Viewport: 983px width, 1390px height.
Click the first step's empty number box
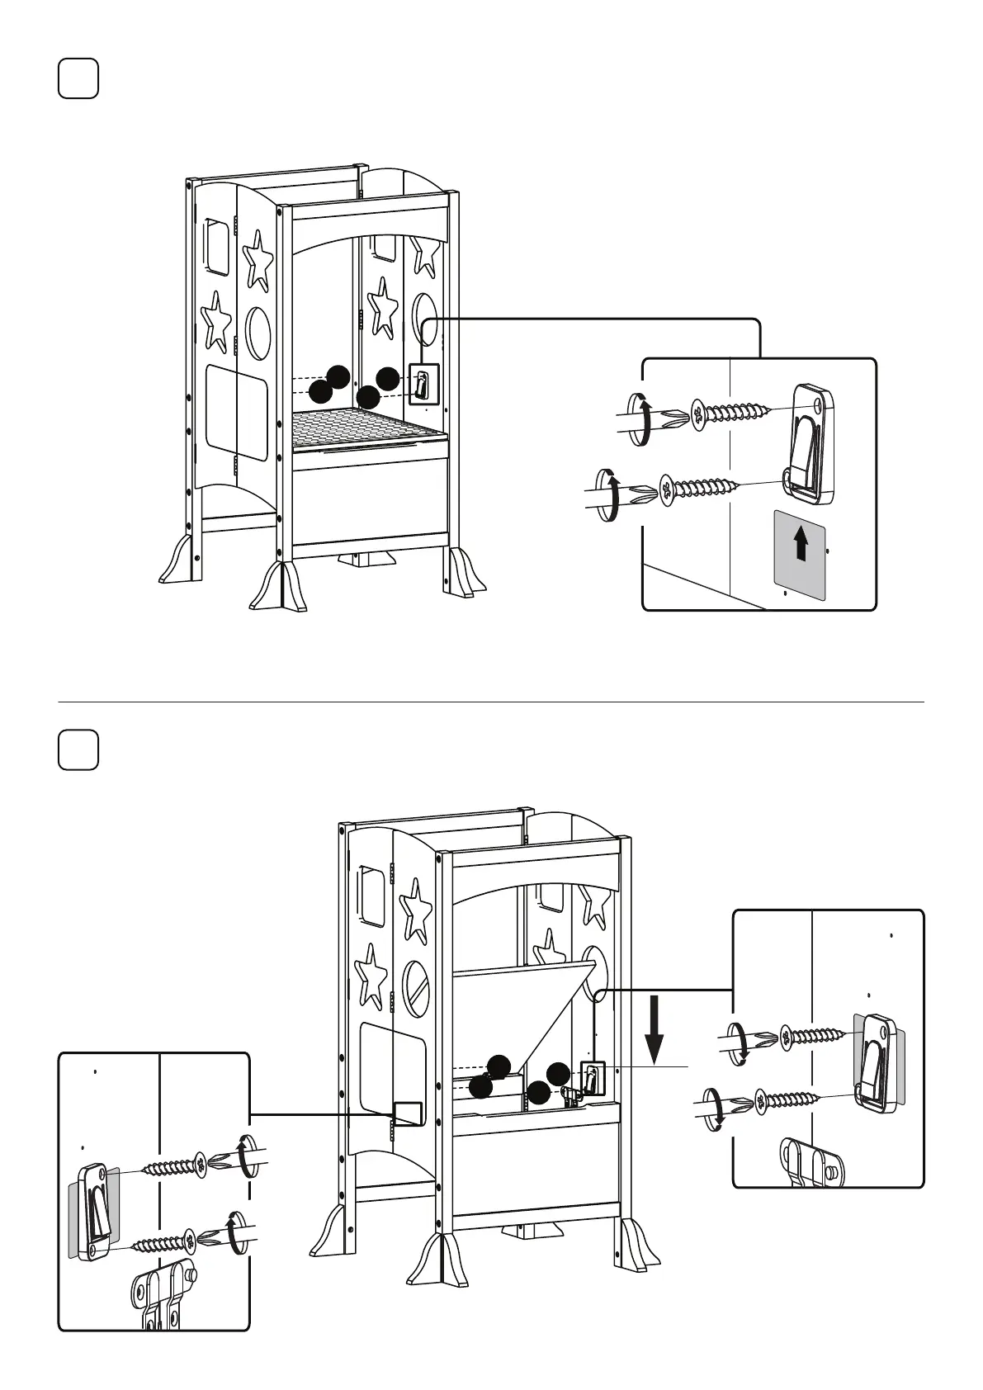coord(78,78)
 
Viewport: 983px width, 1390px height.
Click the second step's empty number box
coord(78,749)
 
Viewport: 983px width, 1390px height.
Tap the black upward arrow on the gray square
coord(800,546)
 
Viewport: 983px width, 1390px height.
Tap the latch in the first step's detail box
coord(811,442)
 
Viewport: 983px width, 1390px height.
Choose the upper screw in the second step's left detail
coord(176,1166)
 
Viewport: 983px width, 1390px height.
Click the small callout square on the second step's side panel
coord(408,1113)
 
